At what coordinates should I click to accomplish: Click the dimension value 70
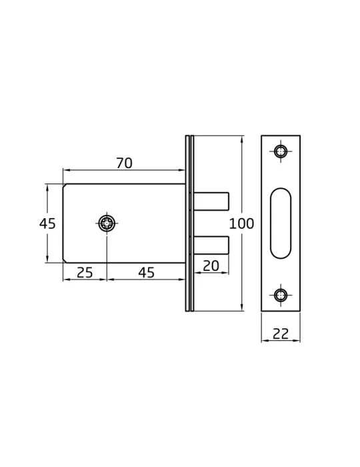(124, 163)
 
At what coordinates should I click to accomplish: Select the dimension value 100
(241, 223)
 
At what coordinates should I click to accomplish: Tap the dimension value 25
(85, 272)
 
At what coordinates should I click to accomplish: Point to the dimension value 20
(211, 266)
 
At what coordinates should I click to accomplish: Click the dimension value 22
(281, 334)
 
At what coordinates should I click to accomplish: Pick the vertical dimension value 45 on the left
(47, 223)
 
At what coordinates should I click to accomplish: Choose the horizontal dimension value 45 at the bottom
(147, 272)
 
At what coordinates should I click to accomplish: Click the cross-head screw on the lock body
(107, 223)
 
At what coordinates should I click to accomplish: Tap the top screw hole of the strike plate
(281, 151)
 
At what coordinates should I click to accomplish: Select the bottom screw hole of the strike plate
(281, 296)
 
